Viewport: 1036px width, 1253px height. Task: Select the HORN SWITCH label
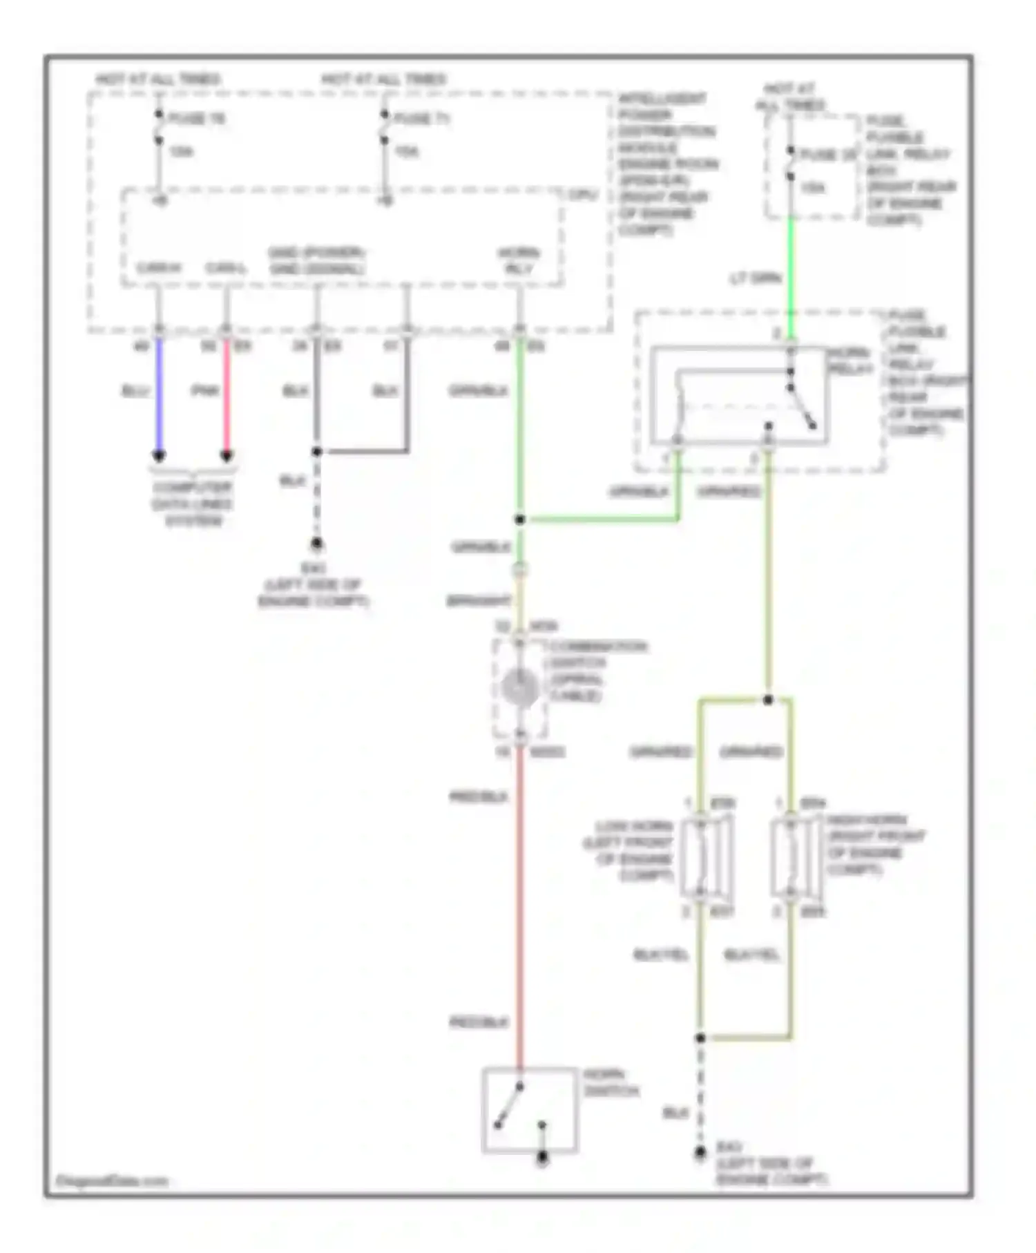[x=611, y=1083]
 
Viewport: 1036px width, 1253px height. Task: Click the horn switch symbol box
[x=529, y=1110]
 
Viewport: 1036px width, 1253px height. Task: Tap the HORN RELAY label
[x=850, y=361]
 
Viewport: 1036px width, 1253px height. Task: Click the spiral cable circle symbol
[x=519, y=688]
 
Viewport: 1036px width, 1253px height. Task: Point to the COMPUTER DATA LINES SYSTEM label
[x=193, y=504]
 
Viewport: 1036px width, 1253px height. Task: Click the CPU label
[x=582, y=195]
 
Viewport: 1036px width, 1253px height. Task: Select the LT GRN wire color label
[x=755, y=278]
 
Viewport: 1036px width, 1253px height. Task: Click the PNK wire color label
[x=204, y=391]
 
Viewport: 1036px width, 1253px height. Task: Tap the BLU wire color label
[x=135, y=391]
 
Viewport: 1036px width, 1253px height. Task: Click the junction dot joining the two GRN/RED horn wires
[x=768, y=700]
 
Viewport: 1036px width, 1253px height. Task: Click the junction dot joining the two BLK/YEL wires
[x=700, y=1037]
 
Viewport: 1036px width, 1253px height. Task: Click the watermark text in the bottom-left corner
[x=112, y=1180]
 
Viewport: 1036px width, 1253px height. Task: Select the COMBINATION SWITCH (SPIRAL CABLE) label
[x=597, y=671]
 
